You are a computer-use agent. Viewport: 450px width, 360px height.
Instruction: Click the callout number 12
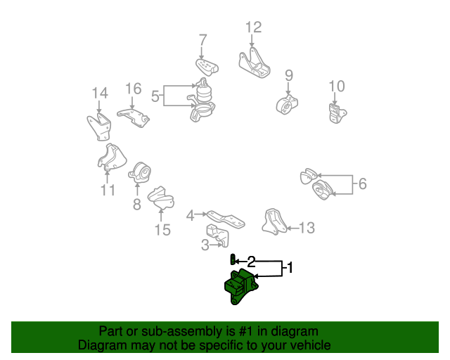(x=253, y=27)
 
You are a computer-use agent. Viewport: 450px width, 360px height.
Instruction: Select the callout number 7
(x=202, y=39)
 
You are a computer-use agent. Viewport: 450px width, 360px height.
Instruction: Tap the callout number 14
(x=100, y=93)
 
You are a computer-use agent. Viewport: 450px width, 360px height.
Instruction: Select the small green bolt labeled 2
(x=232, y=259)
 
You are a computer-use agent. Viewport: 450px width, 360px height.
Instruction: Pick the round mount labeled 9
(x=288, y=103)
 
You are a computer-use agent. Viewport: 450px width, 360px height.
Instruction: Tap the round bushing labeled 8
(x=140, y=172)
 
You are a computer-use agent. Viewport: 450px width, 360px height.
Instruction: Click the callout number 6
(x=362, y=184)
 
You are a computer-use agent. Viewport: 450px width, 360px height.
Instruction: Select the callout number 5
(x=155, y=96)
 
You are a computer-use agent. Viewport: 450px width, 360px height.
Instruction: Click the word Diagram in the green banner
(x=101, y=345)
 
